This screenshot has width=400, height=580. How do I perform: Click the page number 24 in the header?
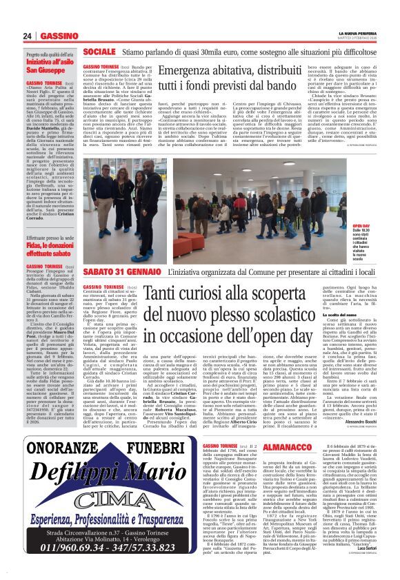click(x=27, y=36)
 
